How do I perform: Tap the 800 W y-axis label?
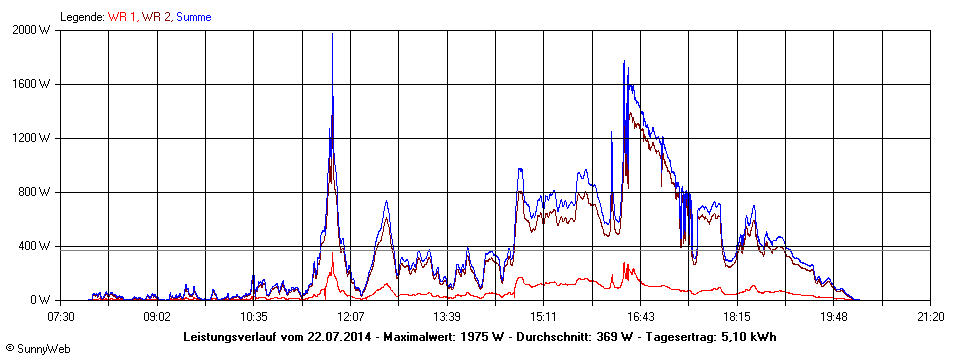click(37, 192)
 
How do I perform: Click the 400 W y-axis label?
click(37, 246)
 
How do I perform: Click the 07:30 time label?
click(60, 316)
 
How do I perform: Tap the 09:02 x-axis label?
click(157, 316)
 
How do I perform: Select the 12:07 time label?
click(350, 316)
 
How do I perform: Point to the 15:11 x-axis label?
click(543, 316)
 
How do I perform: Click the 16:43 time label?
click(640, 316)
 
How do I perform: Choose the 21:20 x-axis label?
click(930, 316)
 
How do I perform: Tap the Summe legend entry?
click(193, 17)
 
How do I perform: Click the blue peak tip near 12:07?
click(332, 34)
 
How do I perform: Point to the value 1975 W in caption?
click(488, 337)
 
